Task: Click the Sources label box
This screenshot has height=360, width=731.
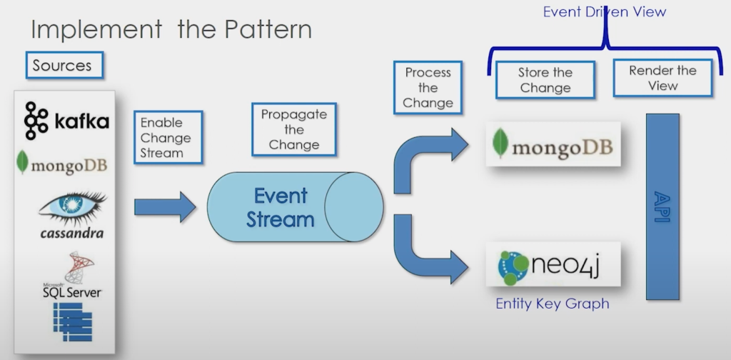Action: [x=62, y=66]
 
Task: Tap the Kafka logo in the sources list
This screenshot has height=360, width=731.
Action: [x=66, y=121]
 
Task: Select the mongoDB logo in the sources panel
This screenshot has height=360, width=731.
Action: [x=62, y=164]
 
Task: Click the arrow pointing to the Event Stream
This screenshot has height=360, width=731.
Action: [x=165, y=207]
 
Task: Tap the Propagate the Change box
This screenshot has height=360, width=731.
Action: [x=293, y=129]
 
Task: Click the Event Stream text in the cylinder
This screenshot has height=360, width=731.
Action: [x=280, y=207]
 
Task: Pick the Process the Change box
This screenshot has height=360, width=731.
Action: [x=428, y=88]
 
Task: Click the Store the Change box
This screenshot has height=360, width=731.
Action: [x=545, y=80]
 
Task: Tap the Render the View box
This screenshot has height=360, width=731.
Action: [x=662, y=78]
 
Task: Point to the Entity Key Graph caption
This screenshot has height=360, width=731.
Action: [x=553, y=304]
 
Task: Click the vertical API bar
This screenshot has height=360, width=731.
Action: [x=662, y=206]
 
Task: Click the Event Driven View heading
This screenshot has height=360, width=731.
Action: [x=604, y=12]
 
